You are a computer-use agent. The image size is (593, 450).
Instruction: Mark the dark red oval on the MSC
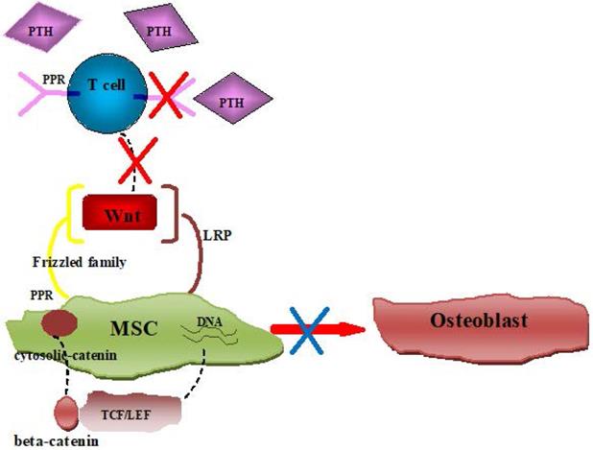tap(56, 323)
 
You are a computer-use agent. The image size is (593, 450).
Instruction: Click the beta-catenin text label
tap(52, 440)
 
